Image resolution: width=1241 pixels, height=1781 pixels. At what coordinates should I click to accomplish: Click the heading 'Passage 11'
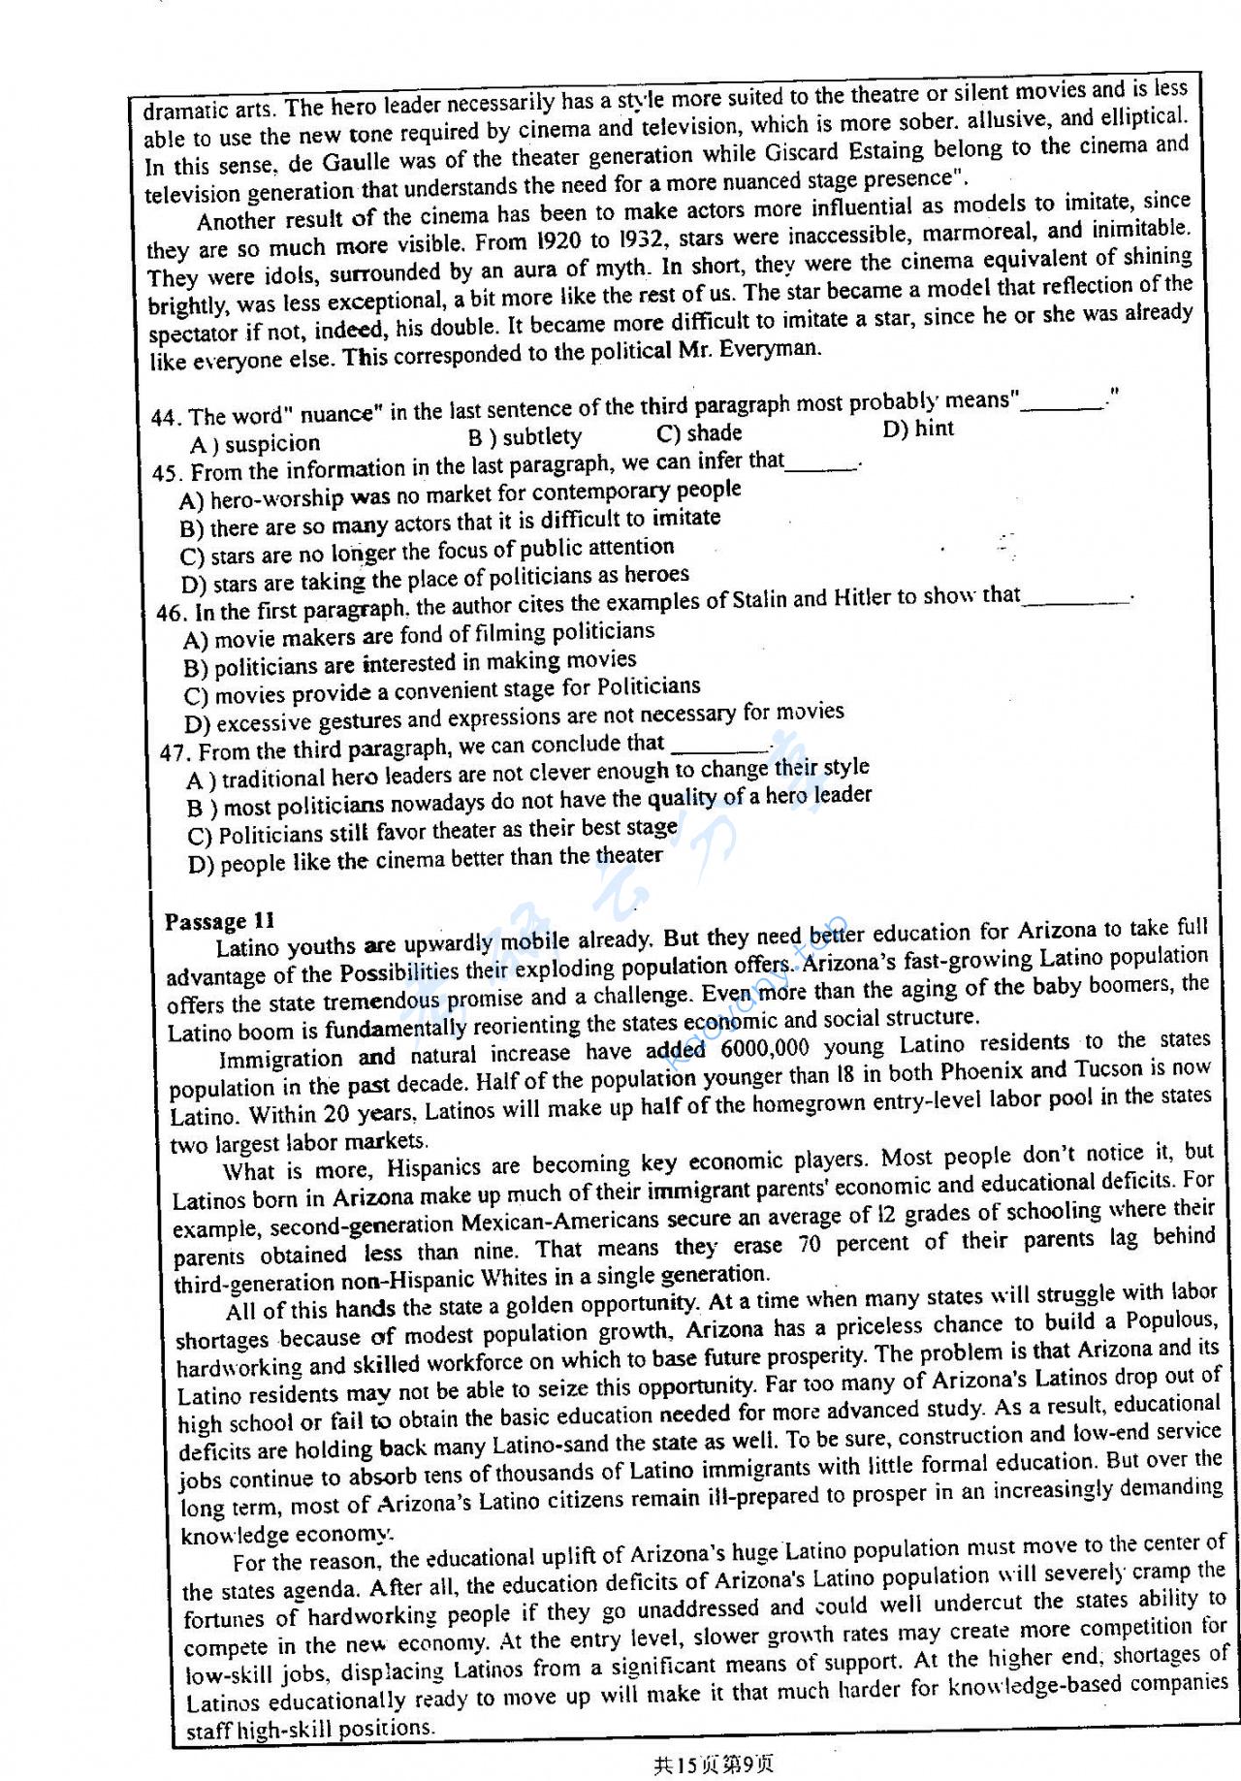tap(220, 921)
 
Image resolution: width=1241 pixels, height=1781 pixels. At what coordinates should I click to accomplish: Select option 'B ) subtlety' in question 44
tap(525, 437)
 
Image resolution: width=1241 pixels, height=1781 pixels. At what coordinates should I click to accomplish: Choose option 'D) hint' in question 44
tap(918, 429)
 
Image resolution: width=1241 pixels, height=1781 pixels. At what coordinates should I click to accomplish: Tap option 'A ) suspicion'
tap(255, 444)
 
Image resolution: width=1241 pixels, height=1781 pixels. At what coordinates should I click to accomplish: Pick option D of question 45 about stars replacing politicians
tap(434, 580)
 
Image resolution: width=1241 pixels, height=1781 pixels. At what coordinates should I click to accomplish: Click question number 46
tap(170, 614)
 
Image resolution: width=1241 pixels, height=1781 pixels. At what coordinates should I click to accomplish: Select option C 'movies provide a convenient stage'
tap(441, 691)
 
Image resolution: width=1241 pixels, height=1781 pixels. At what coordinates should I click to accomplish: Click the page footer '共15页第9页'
tap(714, 1764)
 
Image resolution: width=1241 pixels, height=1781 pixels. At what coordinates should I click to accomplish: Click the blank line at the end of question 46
tap(1076, 599)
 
